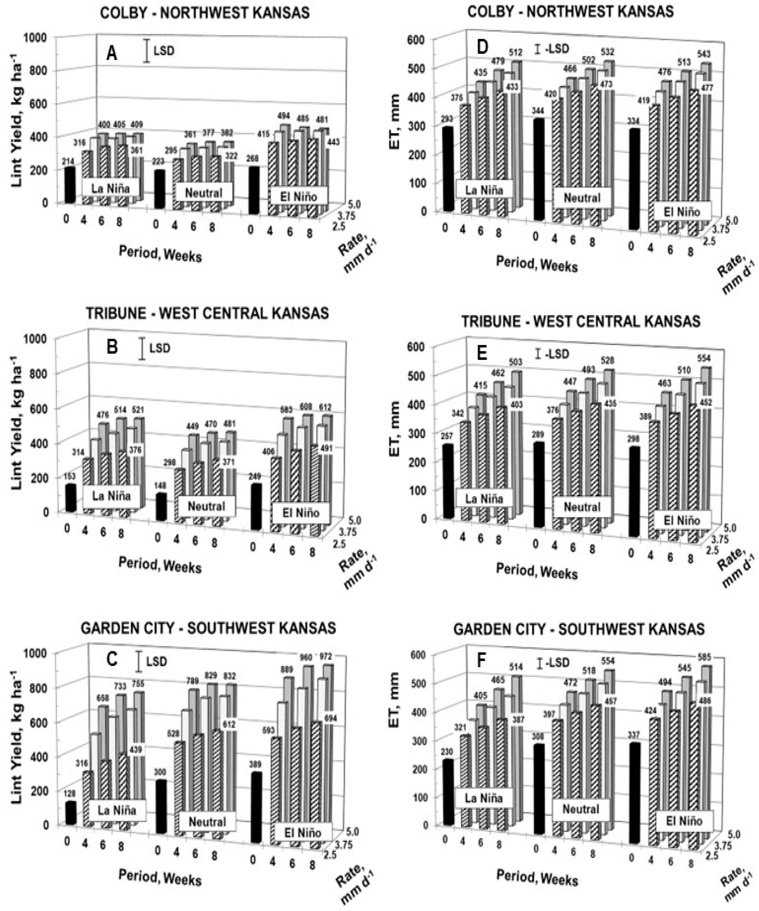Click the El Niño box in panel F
pyautogui.click(x=683, y=821)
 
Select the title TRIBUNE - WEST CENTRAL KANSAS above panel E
pyautogui.click(x=580, y=321)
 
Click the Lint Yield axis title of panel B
pyautogui.click(x=16, y=423)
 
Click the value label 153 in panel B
pyautogui.click(x=69, y=476)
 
